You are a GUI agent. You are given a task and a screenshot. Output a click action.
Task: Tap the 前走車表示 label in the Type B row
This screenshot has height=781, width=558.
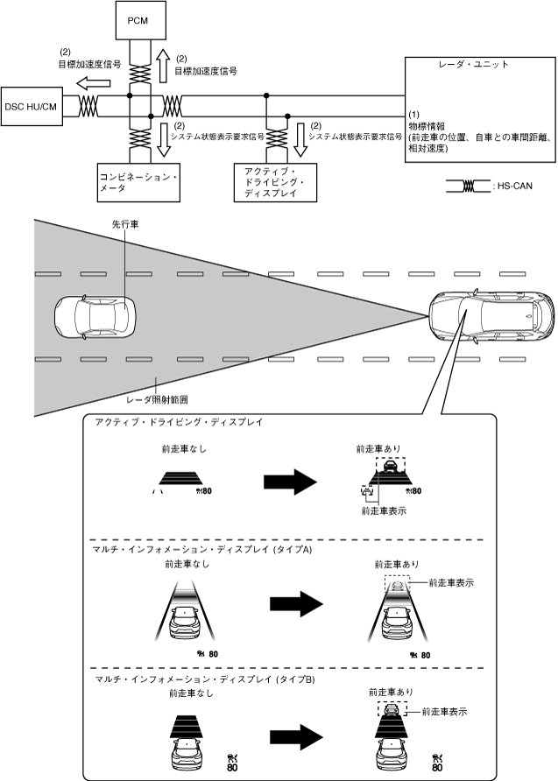444,712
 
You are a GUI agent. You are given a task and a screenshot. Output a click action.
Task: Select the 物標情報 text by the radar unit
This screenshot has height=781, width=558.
429,126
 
